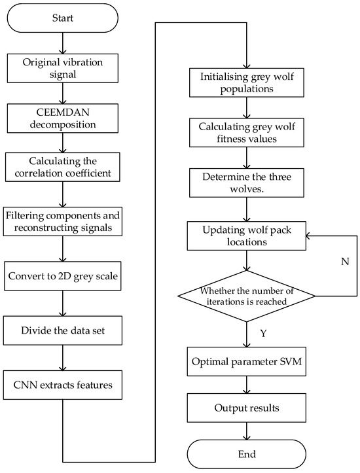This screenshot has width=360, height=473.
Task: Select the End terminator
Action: [x=247, y=453]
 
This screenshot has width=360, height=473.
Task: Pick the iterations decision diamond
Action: [x=247, y=295]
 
